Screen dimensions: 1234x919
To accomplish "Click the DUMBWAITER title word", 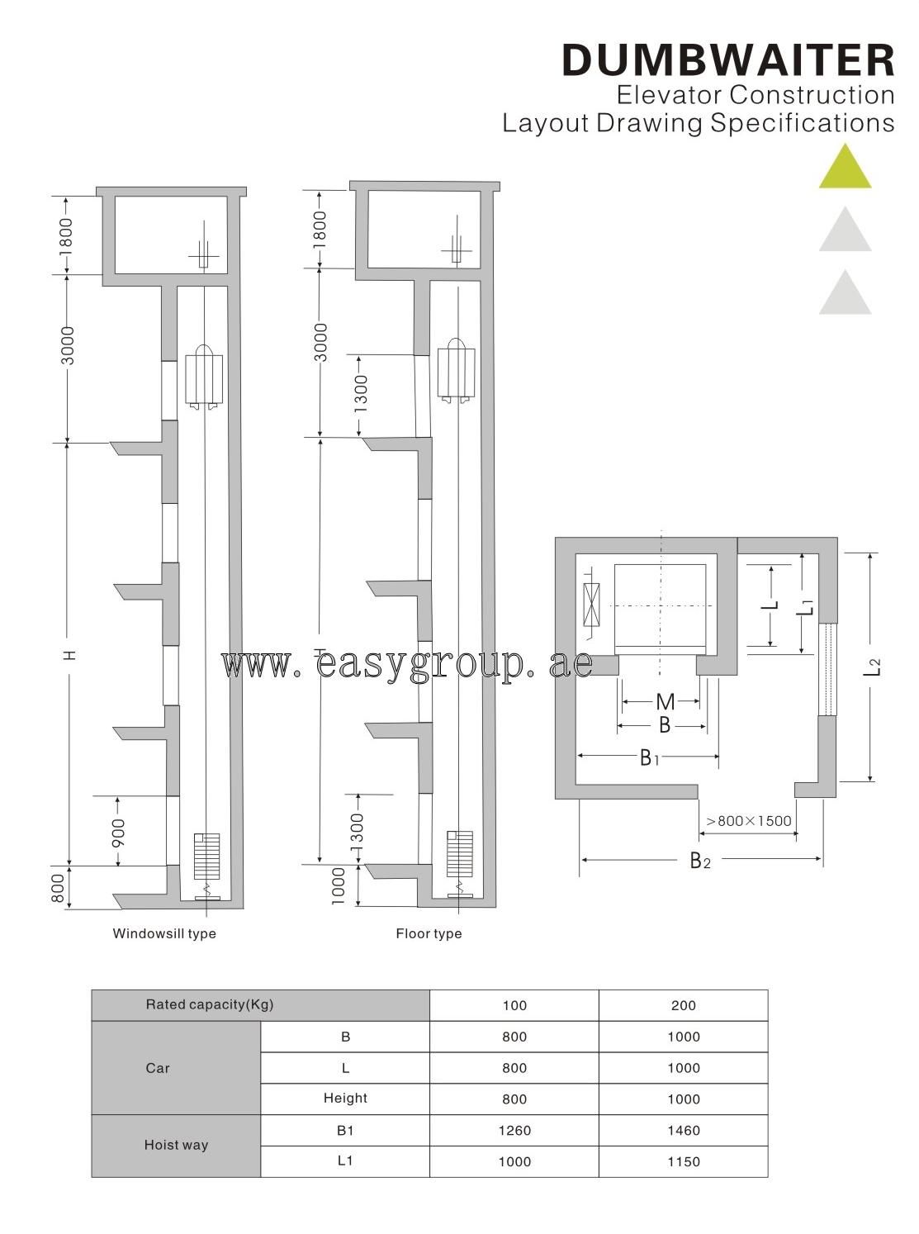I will [x=727, y=60].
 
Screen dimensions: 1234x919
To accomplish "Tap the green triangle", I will [x=845, y=168].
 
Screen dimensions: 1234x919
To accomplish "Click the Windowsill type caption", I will [x=164, y=933].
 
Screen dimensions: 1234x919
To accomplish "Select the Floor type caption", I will [x=429, y=933].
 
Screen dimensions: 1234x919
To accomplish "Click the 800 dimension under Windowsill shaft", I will [x=59, y=888].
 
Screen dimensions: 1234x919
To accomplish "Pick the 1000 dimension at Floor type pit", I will [x=339, y=886].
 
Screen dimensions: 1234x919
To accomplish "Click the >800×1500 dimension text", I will [x=748, y=821].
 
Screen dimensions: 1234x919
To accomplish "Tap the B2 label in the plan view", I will [x=700, y=861].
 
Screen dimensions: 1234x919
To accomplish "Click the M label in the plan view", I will [x=665, y=702].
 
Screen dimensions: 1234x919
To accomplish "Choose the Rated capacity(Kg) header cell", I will [x=210, y=1005].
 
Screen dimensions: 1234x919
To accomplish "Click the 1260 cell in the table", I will [x=514, y=1131].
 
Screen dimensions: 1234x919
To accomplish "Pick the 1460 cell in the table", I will [x=684, y=1131].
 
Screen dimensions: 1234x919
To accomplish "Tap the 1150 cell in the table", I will [x=684, y=1162].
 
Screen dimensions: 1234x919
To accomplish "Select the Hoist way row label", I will [x=176, y=1146].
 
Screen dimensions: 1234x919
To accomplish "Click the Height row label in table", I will [x=345, y=1099].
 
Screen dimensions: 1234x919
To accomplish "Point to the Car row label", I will [x=158, y=1068].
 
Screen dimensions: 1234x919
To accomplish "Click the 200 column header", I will [x=684, y=1005].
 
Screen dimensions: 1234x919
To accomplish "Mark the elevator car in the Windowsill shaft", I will [x=204, y=378].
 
